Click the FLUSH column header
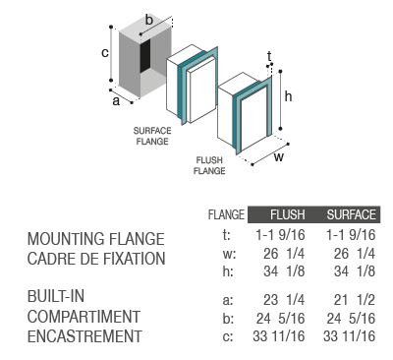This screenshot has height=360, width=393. pos(287,214)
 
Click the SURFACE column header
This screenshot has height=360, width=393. pos(351,214)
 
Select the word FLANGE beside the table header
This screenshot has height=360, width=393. pos(226,214)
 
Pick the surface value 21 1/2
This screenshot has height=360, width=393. pos(355,300)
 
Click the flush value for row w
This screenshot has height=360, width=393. pos(284,254)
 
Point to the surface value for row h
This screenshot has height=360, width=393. pos(355,271)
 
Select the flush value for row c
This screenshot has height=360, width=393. pos(279,336)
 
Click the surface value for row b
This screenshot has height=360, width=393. pos(351,319)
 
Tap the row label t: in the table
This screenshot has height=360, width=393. pos(227,235)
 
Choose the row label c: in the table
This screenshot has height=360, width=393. pos(228,336)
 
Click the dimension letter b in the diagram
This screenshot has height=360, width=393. pos(149,20)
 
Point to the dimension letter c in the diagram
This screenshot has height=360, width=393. pos(105,53)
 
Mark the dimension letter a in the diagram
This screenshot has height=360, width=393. pos(116,101)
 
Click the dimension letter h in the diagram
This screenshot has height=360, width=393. pos(288,96)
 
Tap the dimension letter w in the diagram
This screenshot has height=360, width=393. pos(279,157)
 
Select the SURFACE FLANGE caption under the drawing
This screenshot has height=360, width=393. pos(152,136)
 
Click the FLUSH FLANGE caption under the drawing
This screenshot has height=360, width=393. pos(209,165)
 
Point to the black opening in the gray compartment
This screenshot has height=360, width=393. pos(145,56)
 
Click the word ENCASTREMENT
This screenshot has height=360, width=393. pos(84,336)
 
